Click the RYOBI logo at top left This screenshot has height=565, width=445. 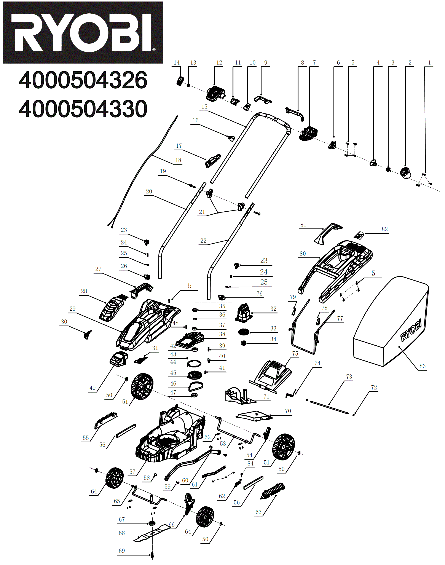pos(83,33)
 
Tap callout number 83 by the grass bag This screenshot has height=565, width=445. pos(422,366)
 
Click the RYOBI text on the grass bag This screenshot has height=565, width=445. pos(411,330)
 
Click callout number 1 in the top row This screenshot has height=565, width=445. pos(429,62)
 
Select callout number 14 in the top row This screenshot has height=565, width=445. pos(177,62)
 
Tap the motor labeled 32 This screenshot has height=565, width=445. pos(244,313)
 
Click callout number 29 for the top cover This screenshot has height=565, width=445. pos(72,309)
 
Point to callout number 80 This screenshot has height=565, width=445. pos(303,254)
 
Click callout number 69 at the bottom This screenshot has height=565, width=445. pos(122,551)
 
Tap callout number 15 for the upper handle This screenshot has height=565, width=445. pos(204,107)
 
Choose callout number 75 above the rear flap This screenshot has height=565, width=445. pos(295,353)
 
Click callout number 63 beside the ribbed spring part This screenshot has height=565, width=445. pos(258,512)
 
